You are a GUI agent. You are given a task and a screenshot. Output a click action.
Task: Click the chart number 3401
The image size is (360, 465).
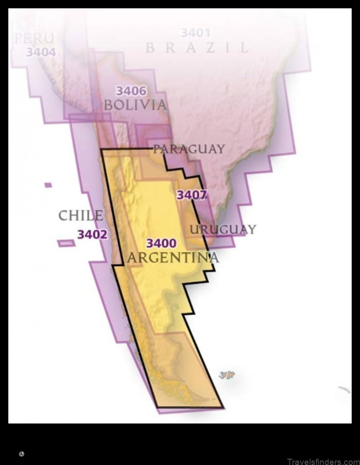point(196,33)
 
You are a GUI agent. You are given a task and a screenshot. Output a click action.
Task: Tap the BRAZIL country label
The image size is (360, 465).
point(197,47)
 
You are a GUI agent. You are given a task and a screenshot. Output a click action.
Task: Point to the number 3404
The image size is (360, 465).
point(40,52)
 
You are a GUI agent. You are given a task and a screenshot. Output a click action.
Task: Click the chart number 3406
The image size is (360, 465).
point(131,91)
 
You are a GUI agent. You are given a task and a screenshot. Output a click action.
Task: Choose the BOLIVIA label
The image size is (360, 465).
point(135,105)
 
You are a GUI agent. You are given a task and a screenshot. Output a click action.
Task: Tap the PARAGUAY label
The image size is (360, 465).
point(189,149)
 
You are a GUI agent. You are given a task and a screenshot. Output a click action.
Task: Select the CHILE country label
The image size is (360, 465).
point(81,215)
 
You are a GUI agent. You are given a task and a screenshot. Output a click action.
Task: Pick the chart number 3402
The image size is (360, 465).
point(92,234)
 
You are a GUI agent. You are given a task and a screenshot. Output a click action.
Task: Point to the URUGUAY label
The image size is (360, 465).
point(222,230)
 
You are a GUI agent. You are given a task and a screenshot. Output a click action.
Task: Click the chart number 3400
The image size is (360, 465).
point(161,244)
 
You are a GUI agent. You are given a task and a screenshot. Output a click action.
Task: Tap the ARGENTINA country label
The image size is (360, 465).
point(173,258)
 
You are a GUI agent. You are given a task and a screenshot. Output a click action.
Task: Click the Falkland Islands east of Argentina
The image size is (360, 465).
point(228,375)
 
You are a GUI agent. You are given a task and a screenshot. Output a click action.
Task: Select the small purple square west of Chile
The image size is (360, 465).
point(48,185)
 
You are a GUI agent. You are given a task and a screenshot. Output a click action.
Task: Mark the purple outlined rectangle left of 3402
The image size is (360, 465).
point(66,243)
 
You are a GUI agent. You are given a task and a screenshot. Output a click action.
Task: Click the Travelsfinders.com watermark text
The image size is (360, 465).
point(321,460)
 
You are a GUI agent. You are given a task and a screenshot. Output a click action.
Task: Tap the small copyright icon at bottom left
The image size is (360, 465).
point(21,454)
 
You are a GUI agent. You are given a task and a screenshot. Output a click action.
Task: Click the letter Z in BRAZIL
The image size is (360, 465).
point(209,47)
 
